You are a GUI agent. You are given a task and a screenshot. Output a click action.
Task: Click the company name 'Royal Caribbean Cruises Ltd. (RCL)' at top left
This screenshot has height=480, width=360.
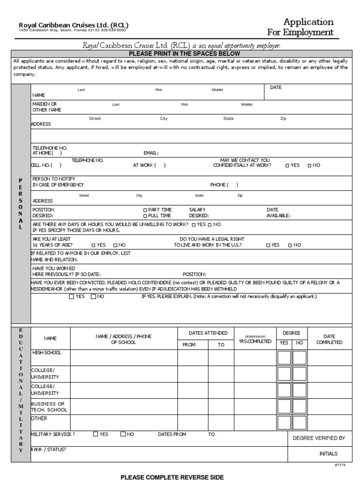(x=73, y=25)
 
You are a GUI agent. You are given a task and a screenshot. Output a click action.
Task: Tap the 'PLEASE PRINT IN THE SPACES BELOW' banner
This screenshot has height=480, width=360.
(x=180, y=54)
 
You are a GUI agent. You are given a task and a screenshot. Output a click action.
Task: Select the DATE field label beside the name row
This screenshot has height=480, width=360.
(x=276, y=88)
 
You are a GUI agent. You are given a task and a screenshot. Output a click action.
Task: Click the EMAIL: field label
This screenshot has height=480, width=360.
(x=151, y=153)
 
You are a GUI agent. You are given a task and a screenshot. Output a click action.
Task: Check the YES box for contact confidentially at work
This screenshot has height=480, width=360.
(x=287, y=165)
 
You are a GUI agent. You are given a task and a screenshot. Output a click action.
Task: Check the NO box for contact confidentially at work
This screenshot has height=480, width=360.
(x=309, y=165)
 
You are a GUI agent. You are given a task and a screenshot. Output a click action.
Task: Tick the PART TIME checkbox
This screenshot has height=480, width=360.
(x=145, y=210)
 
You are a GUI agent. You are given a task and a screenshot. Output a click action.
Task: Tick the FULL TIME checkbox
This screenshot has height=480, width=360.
(x=145, y=216)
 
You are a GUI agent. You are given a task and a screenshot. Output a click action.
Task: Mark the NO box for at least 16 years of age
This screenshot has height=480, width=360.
(x=115, y=245)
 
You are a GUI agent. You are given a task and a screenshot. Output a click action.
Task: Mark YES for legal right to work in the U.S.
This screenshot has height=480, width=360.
(x=268, y=245)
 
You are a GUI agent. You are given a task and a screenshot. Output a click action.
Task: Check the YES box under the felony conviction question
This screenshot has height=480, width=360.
(x=71, y=297)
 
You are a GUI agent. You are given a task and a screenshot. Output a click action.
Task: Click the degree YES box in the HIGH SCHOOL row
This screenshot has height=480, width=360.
(x=284, y=358)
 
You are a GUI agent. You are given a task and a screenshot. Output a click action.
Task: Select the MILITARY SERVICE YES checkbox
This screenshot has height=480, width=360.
(x=96, y=434)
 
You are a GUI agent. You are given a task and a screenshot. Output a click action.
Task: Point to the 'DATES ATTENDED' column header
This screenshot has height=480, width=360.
(x=208, y=333)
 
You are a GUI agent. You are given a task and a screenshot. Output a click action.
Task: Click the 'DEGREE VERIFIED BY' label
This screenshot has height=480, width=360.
(x=319, y=438)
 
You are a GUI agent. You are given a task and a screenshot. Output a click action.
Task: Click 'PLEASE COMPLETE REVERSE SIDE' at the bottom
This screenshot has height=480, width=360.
(x=172, y=477)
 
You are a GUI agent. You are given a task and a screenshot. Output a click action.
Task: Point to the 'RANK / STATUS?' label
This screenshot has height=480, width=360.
(x=49, y=450)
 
